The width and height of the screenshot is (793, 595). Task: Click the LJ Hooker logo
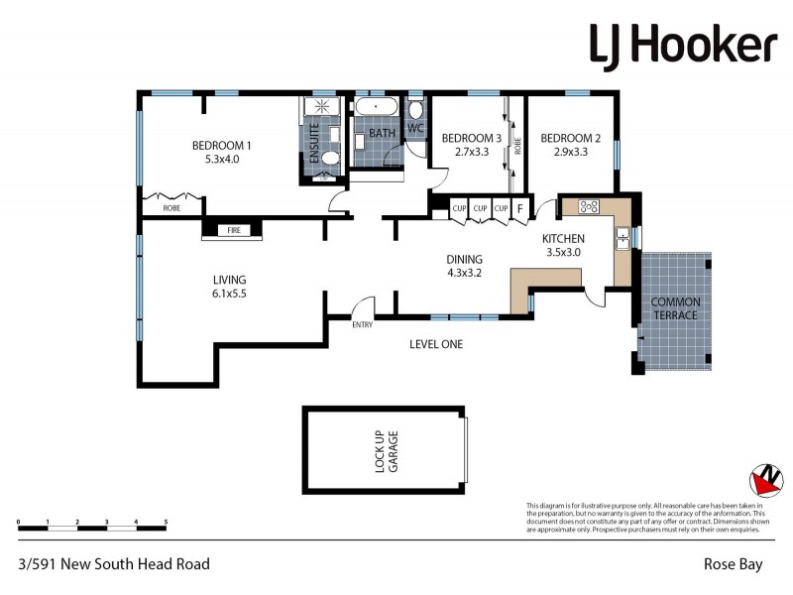(683, 45)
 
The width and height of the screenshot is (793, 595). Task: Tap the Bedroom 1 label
(221, 146)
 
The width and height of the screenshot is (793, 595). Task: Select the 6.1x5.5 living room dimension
(229, 295)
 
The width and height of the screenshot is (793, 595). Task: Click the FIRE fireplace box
(234, 230)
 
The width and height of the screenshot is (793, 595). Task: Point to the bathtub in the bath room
(377, 108)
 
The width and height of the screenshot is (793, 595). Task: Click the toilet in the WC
(415, 109)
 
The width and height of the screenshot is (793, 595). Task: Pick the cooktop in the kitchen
(589, 206)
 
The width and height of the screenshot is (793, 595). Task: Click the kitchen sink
(623, 238)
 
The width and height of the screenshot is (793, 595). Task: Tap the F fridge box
(518, 208)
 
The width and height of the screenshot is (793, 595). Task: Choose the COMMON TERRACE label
(675, 308)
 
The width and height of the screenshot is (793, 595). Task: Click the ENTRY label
(363, 324)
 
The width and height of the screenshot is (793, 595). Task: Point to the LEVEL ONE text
(436, 344)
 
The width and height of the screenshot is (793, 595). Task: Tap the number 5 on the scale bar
(166, 521)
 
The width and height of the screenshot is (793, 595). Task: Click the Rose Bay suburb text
(733, 564)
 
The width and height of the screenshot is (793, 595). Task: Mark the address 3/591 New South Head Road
(114, 564)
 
